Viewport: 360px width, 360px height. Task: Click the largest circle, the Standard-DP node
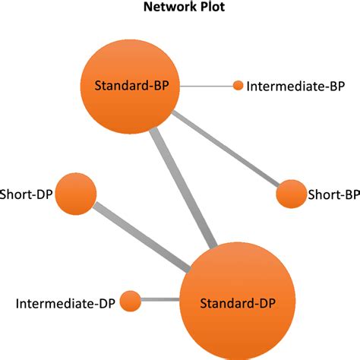point(236,303)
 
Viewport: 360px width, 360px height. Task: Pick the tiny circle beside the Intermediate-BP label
point(238,86)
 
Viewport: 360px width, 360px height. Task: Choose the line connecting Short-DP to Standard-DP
point(144,235)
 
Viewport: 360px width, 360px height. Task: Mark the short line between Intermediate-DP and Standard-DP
point(160,302)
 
